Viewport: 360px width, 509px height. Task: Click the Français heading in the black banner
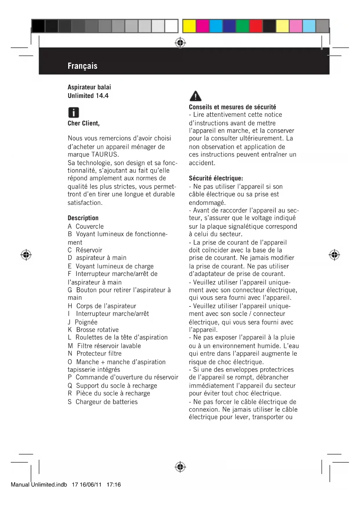click(82, 66)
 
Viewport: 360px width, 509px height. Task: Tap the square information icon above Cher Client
click(73, 112)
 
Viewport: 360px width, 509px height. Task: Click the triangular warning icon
click(196, 96)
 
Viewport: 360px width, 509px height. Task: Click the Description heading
click(83, 218)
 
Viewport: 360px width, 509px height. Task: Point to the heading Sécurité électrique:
click(216, 178)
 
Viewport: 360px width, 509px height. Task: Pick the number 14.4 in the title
click(102, 96)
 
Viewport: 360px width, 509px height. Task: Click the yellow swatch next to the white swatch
click(189, 26)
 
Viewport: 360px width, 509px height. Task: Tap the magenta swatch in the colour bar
click(202, 26)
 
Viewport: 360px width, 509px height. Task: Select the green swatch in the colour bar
click(243, 26)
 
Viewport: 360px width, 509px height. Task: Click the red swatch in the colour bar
click(256, 26)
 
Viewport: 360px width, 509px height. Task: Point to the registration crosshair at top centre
click(180, 43)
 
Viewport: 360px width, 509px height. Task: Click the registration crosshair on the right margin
click(334, 255)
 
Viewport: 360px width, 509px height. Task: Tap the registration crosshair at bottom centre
click(180, 467)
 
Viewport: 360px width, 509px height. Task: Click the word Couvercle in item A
click(90, 226)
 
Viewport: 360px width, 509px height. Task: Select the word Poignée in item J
click(86, 322)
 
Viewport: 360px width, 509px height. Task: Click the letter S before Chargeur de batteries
click(70, 402)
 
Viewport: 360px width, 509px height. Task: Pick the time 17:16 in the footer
click(113, 485)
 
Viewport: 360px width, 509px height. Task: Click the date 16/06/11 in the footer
click(91, 485)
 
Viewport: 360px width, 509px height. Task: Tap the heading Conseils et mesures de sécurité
click(232, 107)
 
